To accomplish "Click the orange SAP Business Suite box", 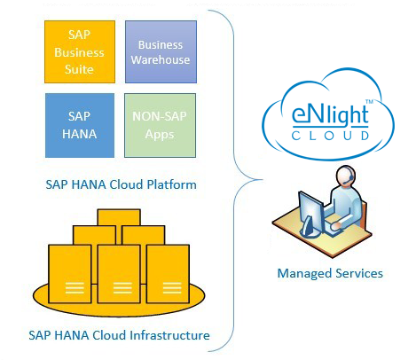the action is pos(80,51).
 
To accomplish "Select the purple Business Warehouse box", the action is pos(161,51).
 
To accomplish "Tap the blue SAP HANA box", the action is pos(80,125).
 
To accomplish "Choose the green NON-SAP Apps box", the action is pos(160,125).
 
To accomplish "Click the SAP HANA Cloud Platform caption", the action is pos(121,184).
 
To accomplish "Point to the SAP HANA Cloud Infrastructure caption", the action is pos(119,335).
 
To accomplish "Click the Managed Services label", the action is pos(330,273).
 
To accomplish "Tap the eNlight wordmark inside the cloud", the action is pos(330,117).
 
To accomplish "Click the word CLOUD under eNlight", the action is pos(330,136).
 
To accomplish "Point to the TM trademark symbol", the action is pos(370,102).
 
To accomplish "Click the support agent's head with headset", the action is pos(345,176).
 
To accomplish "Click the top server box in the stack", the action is pos(119,217).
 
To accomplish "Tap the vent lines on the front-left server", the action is pos(75,288).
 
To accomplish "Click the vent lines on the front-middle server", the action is pos(122,288).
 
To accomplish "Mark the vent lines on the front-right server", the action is pos(172,288).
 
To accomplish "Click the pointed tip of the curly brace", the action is pos(262,179).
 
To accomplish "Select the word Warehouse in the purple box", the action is pos(161,60).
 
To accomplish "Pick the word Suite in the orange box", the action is pos(79,69).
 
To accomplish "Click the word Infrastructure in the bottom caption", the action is pos(169,335).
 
